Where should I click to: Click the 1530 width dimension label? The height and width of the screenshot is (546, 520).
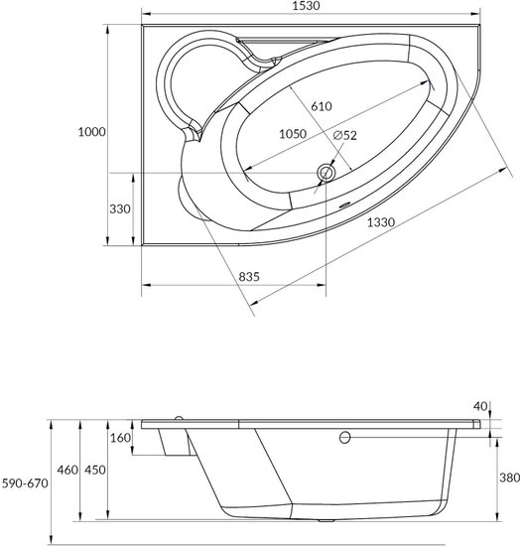(x=306, y=6)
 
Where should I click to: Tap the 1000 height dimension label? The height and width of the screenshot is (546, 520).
(x=91, y=132)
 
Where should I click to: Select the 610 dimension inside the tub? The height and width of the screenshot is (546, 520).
(x=322, y=106)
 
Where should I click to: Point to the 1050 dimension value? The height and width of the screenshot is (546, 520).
(x=293, y=134)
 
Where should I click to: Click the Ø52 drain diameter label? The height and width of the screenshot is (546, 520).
(x=345, y=135)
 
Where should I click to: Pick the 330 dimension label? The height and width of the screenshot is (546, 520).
(x=120, y=208)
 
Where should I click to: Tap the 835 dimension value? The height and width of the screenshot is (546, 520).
(x=249, y=277)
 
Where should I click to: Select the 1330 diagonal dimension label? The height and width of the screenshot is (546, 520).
(x=381, y=221)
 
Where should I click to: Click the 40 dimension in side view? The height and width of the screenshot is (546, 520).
(x=480, y=406)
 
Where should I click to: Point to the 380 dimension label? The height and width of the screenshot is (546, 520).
(x=509, y=478)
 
